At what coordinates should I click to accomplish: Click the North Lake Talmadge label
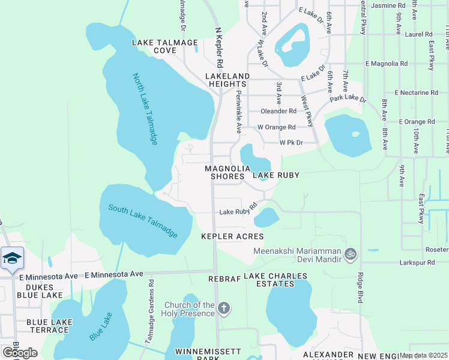(145, 109)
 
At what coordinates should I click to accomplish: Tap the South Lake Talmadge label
(143, 220)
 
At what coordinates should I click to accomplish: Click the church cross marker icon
(223, 309)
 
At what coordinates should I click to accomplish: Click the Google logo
(20, 352)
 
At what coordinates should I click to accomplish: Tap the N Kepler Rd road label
(220, 47)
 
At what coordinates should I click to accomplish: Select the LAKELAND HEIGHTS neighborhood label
(228, 80)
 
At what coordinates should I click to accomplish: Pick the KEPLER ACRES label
(232, 236)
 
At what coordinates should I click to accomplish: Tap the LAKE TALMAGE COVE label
(165, 47)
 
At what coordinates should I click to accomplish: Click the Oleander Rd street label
(279, 111)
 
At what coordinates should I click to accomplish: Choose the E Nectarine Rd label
(417, 93)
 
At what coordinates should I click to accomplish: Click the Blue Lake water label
(101, 327)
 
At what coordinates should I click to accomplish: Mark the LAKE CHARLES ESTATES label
(276, 280)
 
